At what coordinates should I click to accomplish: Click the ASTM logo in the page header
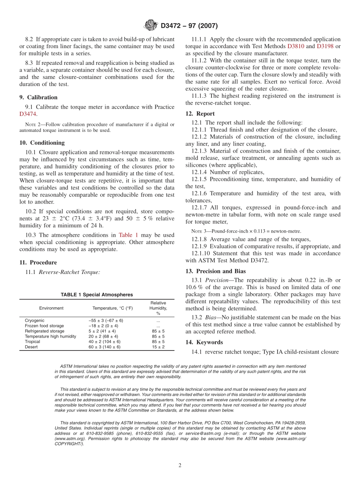(x=151, y=26)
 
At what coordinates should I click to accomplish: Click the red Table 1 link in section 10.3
(x=128, y=235)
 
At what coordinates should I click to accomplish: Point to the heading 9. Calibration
(x=38, y=97)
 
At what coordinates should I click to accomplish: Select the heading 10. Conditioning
(x=42, y=143)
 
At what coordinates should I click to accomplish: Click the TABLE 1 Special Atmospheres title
(x=97, y=295)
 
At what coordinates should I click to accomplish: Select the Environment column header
(x=51, y=308)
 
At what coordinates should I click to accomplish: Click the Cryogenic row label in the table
(x=34, y=321)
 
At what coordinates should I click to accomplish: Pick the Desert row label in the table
(x=31, y=347)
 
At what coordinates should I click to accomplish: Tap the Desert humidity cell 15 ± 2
(x=158, y=347)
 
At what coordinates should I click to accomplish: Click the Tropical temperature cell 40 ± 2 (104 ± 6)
(x=105, y=342)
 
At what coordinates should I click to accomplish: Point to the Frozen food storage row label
(x=44, y=326)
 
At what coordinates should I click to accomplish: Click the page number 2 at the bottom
(x=180, y=466)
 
